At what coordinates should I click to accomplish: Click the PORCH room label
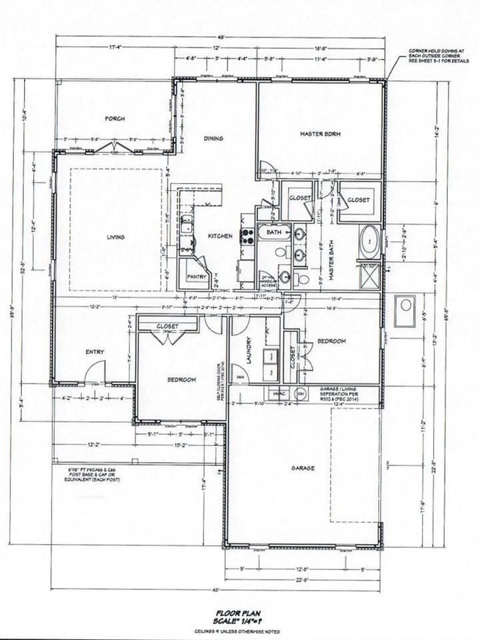pyautogui.click(x=114, y=119)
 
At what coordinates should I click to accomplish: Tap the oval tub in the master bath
pyautogui.click(x=369, y=241)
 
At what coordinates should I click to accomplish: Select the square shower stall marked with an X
pyautogui.click(x=369, y=275)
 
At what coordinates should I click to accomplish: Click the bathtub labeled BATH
pyautogui.click(x=274, y=233)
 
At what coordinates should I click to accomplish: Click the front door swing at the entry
pyautogui.click(x=95, y=372)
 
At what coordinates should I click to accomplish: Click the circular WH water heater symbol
pyautogui.click(x=300, y=392)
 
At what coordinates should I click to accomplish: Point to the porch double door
pyautogui.click(x=113, y=147)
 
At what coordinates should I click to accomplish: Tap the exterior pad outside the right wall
pyautogui.click(x=404, y=310)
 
